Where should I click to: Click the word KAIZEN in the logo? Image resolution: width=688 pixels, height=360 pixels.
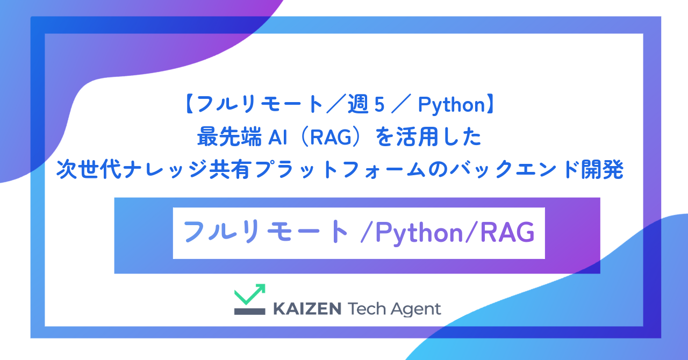(x=307, y=309)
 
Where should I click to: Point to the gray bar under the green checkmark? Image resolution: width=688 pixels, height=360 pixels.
(x=249, y=311)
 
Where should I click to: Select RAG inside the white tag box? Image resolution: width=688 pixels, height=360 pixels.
(x=507, y=233)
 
